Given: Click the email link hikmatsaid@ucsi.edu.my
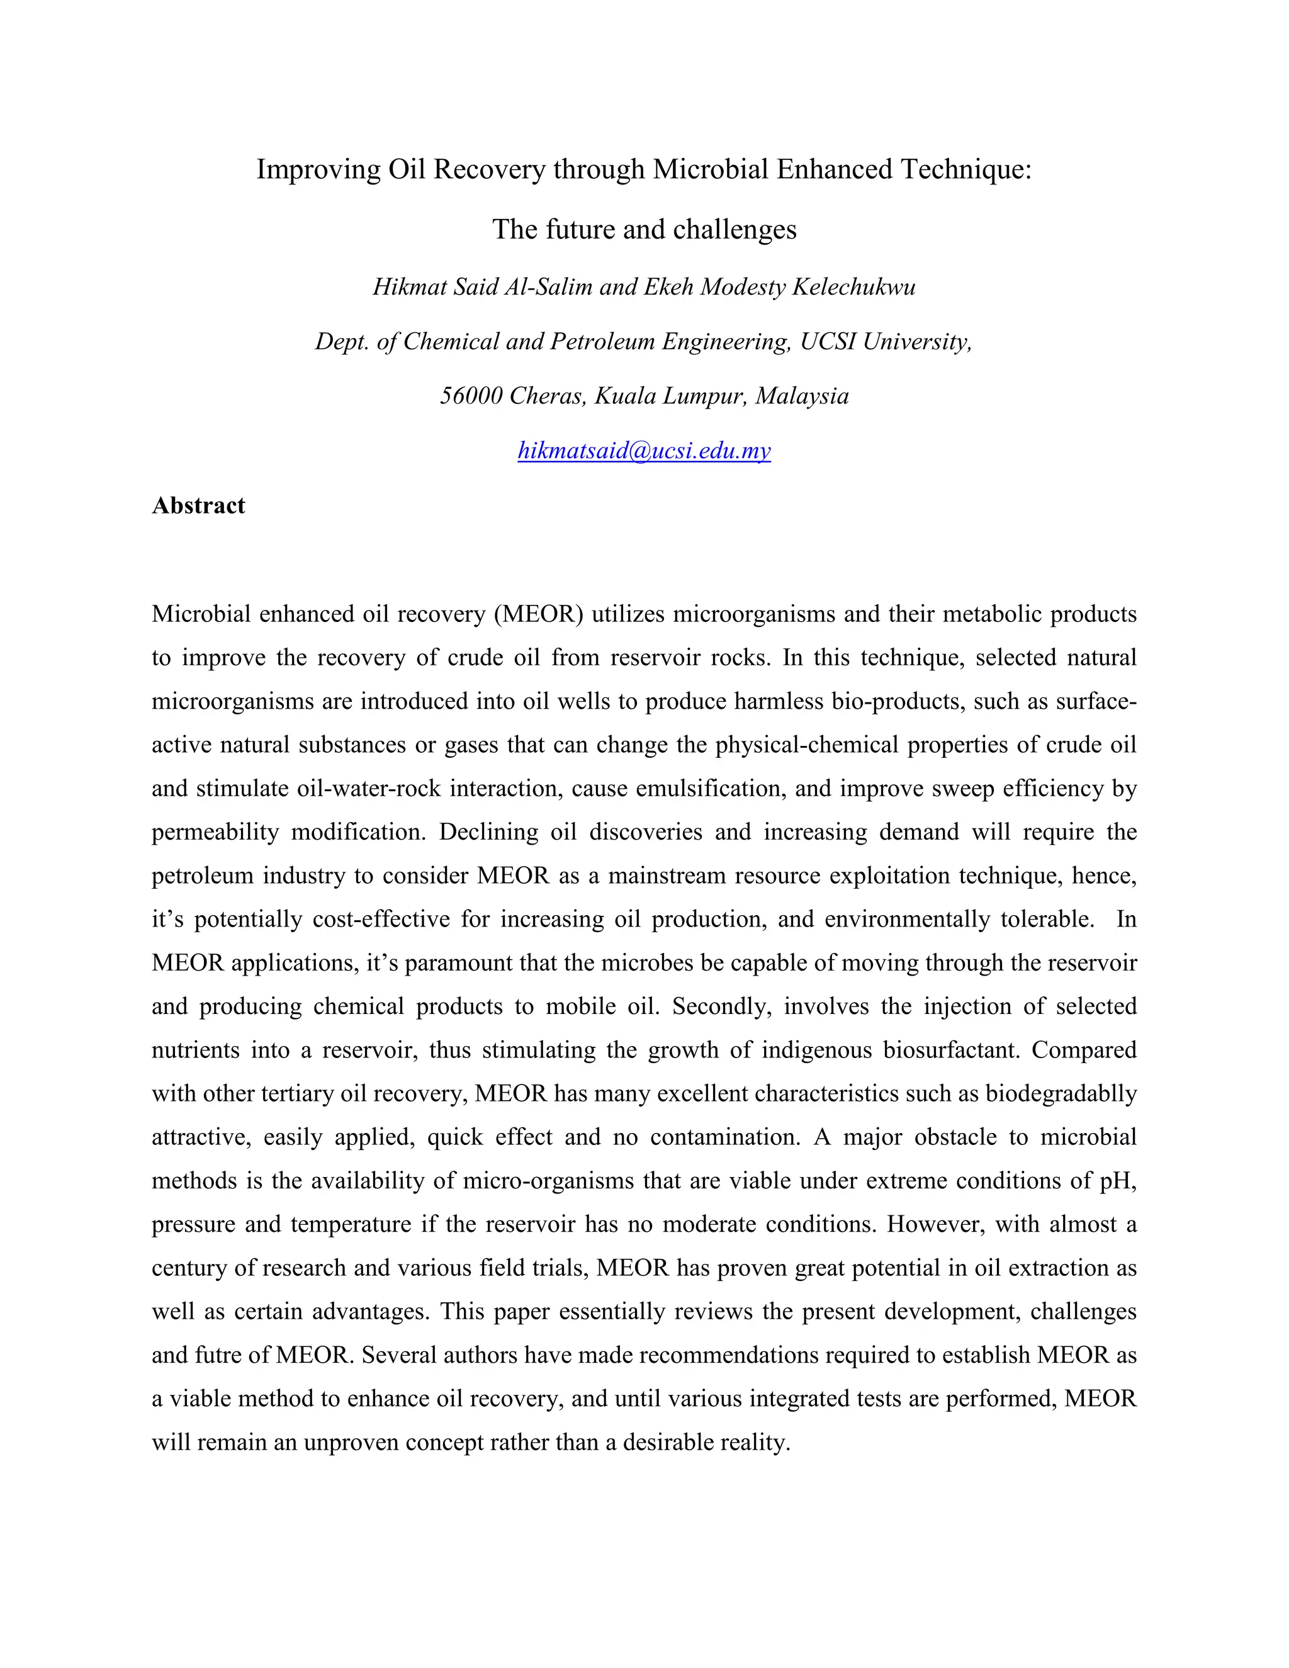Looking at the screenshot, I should [x=644, y=451].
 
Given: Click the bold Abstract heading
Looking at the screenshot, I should [x=198, y=505].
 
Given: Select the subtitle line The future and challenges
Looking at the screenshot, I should [x=644, y=229].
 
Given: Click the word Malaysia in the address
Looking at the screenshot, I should [x=802, y=396].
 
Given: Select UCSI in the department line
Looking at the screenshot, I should [x=828, y=341].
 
